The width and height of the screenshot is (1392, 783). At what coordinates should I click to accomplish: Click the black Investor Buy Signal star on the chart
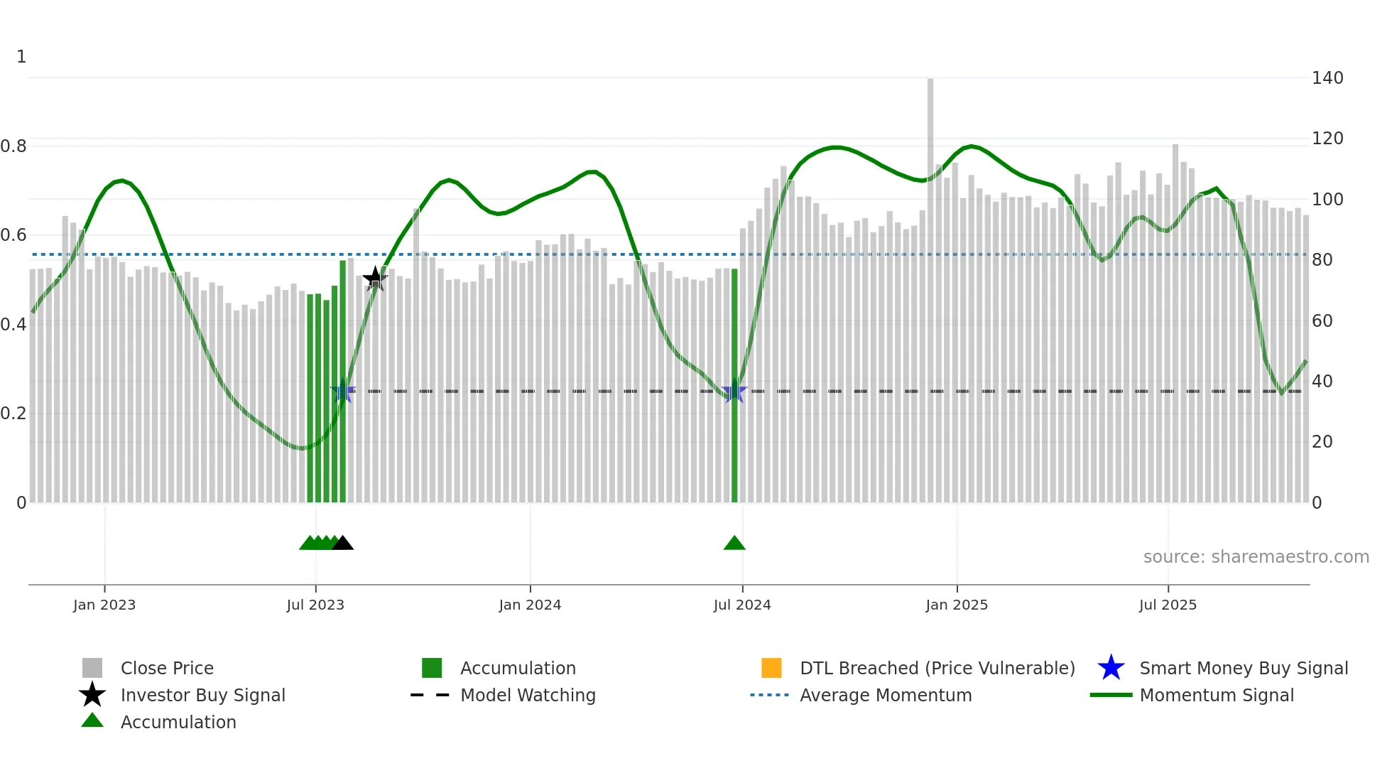coord(375,279)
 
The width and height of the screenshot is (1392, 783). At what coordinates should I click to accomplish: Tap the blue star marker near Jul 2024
coord(734,391)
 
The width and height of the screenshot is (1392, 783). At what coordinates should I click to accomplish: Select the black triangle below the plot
coord(343,544)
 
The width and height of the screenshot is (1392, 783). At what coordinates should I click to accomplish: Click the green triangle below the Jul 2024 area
coord(734,544)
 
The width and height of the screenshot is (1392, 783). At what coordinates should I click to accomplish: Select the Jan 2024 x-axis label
coord(530,605)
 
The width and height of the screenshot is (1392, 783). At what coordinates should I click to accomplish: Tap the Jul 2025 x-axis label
coord(1168,605)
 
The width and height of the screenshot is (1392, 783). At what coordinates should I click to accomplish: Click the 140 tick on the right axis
coord(1327,78)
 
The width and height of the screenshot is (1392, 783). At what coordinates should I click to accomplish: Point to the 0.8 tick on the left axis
coord(14,146)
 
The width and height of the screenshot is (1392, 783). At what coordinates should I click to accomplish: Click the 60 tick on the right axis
coord(1322,321)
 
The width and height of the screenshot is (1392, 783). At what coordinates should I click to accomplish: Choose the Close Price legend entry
coord(167,669)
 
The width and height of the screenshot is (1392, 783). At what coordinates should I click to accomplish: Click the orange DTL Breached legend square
coord(771,669)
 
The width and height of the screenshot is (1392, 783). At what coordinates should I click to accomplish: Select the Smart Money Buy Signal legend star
coord(1111,669)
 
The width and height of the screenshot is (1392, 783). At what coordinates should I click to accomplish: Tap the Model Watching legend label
coord(528,696)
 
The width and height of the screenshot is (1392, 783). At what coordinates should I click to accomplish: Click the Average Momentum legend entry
coord(885,696)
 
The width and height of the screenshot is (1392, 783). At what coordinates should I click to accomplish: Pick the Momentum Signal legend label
coord(1216,696)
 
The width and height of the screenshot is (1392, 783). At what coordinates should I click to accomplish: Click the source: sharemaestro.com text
coord(1256,557)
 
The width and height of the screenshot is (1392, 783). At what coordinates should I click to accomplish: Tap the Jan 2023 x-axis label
coord(104,605)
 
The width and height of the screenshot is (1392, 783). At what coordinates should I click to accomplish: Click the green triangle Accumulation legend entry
coord(92,722)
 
